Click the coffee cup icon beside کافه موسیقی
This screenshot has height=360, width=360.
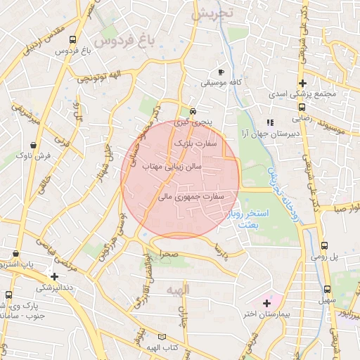click(x=221, y=72)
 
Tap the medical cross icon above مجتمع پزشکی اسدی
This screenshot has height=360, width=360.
click(x=302, y=84)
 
